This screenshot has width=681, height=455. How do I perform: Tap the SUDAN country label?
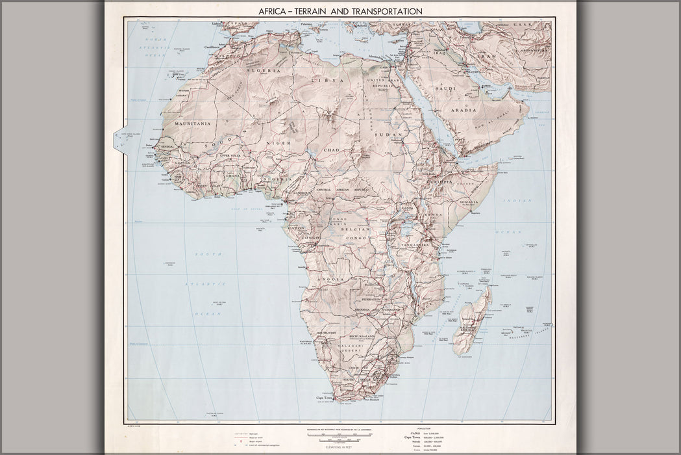coord(388,135)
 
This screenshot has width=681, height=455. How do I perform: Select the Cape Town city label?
coord(325,398)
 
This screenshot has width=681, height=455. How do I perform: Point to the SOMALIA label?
coord(468,202)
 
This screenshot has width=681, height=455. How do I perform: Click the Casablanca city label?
coord(214,47)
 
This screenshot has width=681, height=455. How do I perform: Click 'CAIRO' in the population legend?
coord(406,433)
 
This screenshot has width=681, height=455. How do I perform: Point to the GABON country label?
coord(296,228)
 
